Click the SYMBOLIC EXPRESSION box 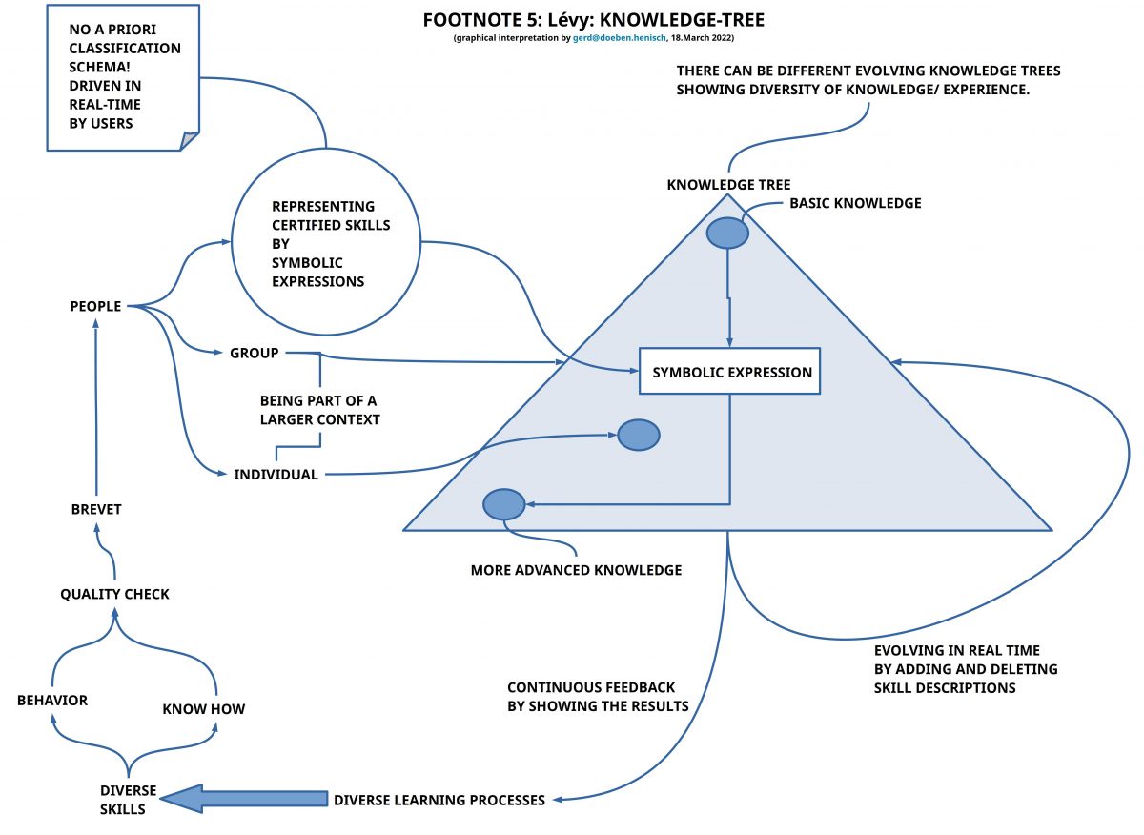(730, 372)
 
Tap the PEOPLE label (95, 306)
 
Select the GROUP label (254, 353)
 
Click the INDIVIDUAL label (276, 475)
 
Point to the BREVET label (96, 509)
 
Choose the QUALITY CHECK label (114, 594)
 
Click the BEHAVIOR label (52, 701)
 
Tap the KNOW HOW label (203, 709)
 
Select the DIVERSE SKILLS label (123, 800)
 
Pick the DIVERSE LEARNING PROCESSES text (439, 800)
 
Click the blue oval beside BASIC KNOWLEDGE (726, 232)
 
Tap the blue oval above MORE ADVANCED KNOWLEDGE (504, 504)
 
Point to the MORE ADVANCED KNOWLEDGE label (576, 570)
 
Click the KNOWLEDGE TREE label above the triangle (728, 184)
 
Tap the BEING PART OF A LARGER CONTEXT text (319, 410)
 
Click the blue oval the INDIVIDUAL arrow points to (638, 435)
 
